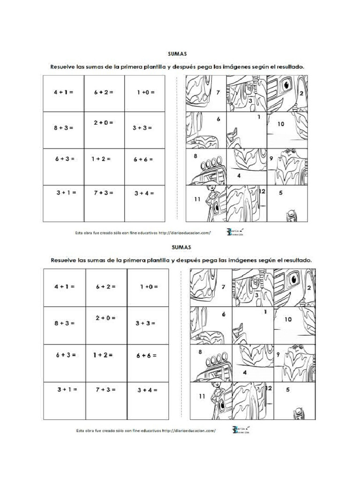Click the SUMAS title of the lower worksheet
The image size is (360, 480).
(x=180, y=247)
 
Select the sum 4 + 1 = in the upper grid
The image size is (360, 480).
(x=63, y=93)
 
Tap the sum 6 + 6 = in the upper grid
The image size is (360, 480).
(x=143, y=159)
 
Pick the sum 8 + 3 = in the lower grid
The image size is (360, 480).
(x=66, y=323)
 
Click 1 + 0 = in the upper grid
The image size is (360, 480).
(x=145, y=92)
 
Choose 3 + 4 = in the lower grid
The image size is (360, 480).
(x=147, y=390)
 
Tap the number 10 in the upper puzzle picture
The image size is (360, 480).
(x=281, y=124)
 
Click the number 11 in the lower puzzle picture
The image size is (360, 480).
(x=202, y=396)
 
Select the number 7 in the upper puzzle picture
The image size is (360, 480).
(x=218, y=93)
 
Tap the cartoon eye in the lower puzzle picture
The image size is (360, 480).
(x=294, y=280)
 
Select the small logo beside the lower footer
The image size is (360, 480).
(x=240, y=430)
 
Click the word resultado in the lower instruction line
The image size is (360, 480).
(x=296, y=259)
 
